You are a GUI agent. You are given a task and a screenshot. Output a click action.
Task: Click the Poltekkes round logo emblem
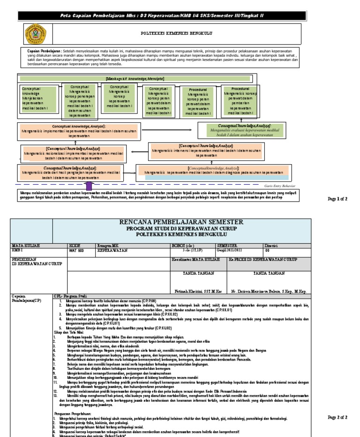pyautogui.click(x=36, y=35)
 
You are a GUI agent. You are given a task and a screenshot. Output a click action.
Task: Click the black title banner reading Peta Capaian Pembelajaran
pyautogui.click(x=163, y=15)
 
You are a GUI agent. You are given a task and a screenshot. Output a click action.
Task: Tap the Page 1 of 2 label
pyautogui.click(x=337, y=199)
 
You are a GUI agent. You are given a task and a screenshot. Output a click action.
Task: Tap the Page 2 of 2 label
pyautogui.click(x=337, y=417)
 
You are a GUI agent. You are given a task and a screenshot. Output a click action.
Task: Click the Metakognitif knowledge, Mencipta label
pyautogui.click(x=135, y=78)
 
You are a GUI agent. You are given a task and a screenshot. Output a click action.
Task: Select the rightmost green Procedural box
pyautogui.click(x=240, y=100)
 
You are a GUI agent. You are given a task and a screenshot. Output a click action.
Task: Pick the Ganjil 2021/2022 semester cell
pyautogui.click(x=229, y=250)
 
